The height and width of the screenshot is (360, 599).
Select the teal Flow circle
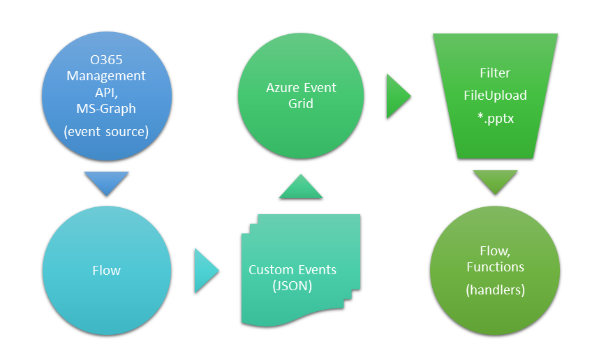[106, 269]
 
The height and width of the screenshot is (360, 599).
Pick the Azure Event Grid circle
[301, 96]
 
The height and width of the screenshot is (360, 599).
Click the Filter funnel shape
[495, 96]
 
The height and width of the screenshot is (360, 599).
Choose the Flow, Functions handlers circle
[495, 269]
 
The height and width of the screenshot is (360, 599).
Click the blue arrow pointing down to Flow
[106, 182]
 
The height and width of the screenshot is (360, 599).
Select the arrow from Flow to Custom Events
[205, 269]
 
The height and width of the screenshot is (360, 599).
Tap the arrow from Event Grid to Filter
[398, 96]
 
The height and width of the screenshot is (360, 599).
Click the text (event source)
[106, 130]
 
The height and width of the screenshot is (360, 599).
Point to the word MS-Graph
[106, 108]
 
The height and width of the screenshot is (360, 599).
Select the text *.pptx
[495, 118]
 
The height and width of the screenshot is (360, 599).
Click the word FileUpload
[495, 95]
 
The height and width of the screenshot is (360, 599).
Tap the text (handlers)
[495, 290]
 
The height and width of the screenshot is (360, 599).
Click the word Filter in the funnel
[495, 73]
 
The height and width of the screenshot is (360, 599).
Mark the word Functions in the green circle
[495, 267]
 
